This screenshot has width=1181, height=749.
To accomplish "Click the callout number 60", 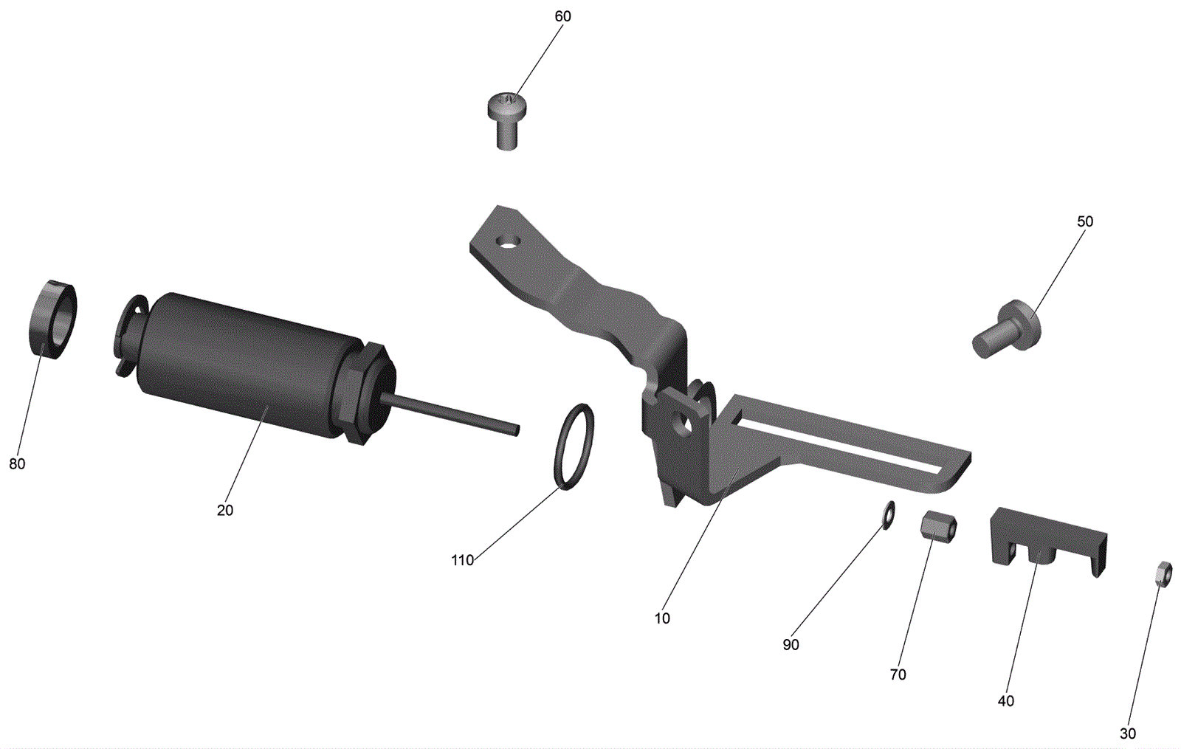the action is coord(562,16).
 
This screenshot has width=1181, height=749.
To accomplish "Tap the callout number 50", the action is coord(1085,221).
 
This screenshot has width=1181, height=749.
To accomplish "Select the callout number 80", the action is coord(17,464).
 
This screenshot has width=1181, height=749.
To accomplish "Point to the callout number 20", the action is coord(224,510).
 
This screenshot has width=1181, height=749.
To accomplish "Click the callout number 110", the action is coord(462,560).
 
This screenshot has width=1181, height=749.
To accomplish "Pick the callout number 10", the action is coord(662,618).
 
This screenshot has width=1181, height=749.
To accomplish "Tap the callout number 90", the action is coord(791,645).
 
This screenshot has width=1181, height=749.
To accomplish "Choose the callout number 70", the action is coord(898,674).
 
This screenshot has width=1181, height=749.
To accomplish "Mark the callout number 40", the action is coord(1006,701).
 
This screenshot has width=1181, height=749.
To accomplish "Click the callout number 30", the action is coord(1128,734).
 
